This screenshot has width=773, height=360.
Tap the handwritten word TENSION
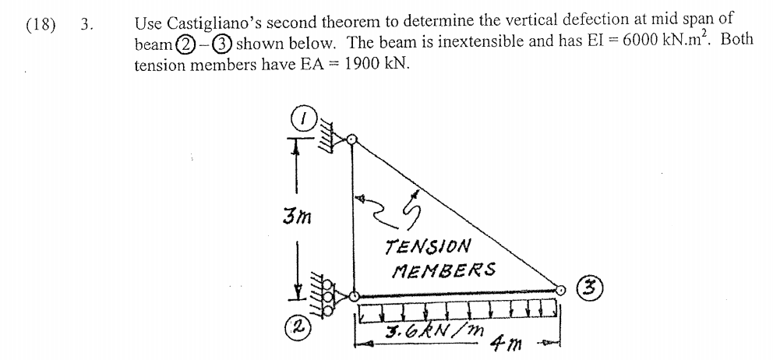(x=428, y=247)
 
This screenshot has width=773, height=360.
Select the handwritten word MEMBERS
(x=444, y=270)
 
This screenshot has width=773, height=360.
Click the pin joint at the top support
(x=352, y=139)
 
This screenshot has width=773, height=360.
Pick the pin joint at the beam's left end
(x=353, y=296)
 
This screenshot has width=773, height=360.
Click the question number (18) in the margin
(x=41, y=23)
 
